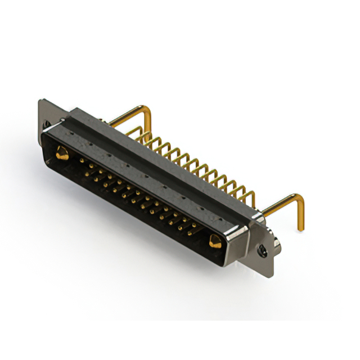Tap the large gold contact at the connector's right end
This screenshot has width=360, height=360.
[214, 242]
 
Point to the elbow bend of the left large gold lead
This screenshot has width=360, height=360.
[147, 110]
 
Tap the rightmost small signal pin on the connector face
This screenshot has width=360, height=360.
[195, 226]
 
